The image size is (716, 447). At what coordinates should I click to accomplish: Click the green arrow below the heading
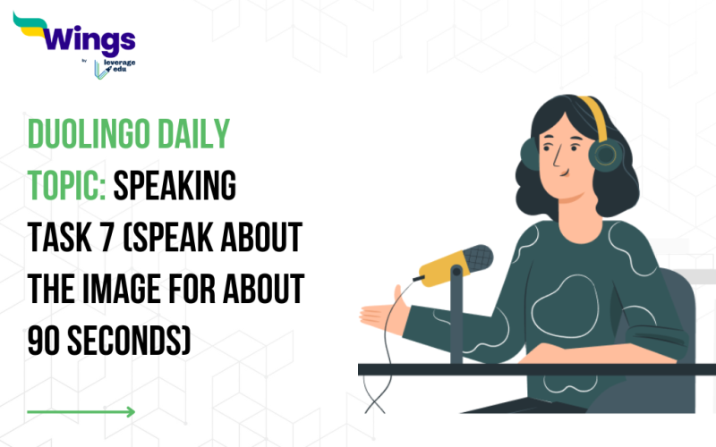(81, 412)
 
